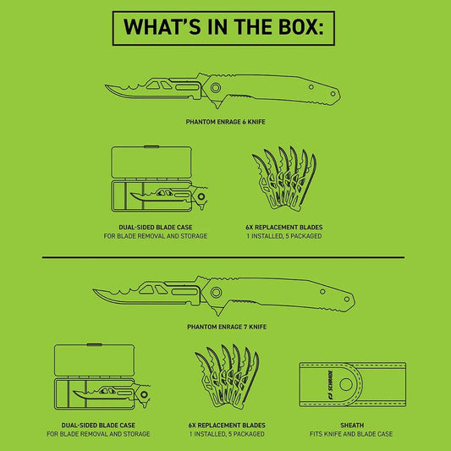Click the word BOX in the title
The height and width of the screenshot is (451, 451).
tap(300, 27)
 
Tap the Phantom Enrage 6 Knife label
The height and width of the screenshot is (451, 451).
tap(225, 122)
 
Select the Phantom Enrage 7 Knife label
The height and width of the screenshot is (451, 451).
tap(227, 327)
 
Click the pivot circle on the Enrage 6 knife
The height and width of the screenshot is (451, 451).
tap(216, 88)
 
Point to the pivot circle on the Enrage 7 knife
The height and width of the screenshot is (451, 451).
tap(216, 292)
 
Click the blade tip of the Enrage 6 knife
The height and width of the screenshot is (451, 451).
tap(106, 85)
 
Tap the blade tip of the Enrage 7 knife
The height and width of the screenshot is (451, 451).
tap(94, 290)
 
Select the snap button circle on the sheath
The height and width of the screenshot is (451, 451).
tap(346, 384)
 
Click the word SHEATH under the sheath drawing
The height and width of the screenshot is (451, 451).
tap(352, 425)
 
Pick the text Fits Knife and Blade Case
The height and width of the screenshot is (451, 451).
tap(351, 434)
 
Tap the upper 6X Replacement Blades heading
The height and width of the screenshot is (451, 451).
tap(284, 228)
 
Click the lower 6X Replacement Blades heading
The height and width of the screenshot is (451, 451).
tap(227, 425)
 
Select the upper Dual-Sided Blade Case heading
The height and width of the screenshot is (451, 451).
tap(156, 228)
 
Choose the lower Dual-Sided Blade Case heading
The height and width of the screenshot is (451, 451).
tap(98, 425)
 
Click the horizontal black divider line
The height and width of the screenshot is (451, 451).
tap(223, 257)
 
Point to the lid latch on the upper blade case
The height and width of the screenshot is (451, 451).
tap(151, 146)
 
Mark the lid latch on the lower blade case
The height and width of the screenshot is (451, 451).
tap(94, 344)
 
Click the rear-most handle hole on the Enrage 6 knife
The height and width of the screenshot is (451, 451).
tap(333, 94)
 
